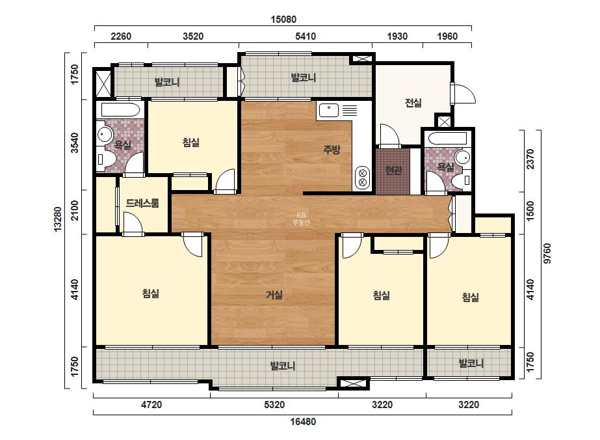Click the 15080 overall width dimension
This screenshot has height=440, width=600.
click(283, 19)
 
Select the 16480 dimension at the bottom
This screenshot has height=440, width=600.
click(303, 422)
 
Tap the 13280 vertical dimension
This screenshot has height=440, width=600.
click(58, 219)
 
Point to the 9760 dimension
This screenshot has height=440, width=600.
click(547, 253)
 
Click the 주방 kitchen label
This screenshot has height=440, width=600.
click(332, 150)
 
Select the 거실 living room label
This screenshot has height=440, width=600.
click(274, 295)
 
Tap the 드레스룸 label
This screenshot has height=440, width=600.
click(142, 203)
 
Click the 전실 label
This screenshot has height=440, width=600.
click(413, 103)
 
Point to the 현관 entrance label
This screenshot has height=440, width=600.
click(393, 170)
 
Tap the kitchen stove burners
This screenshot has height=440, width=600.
click(361, 178)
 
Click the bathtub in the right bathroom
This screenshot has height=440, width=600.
click(448, 139)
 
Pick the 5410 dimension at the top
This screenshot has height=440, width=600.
click(306, 36)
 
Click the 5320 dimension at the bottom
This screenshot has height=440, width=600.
click(274, 405)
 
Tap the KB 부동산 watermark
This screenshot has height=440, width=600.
click(301, 219)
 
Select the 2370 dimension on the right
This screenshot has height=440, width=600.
click(530, 159)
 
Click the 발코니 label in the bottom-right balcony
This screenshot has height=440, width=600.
click(471, 363)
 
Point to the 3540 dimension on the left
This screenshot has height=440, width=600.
click(75, 143)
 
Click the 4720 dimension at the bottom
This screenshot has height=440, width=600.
click(151, 405)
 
